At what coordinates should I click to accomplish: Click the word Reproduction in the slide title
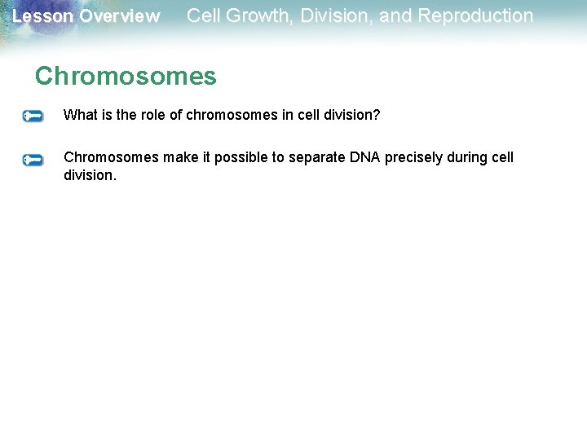475,15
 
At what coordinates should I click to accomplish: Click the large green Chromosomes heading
126,76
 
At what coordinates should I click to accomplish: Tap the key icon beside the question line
33,116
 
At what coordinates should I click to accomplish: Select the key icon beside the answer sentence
33,160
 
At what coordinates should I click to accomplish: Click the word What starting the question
80,115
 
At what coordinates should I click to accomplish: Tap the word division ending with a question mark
351,115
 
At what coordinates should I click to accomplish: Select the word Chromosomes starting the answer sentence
111,157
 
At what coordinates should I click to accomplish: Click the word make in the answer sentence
179,157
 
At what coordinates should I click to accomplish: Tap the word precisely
414,157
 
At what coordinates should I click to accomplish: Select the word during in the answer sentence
469,157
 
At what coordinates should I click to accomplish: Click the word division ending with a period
90,174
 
